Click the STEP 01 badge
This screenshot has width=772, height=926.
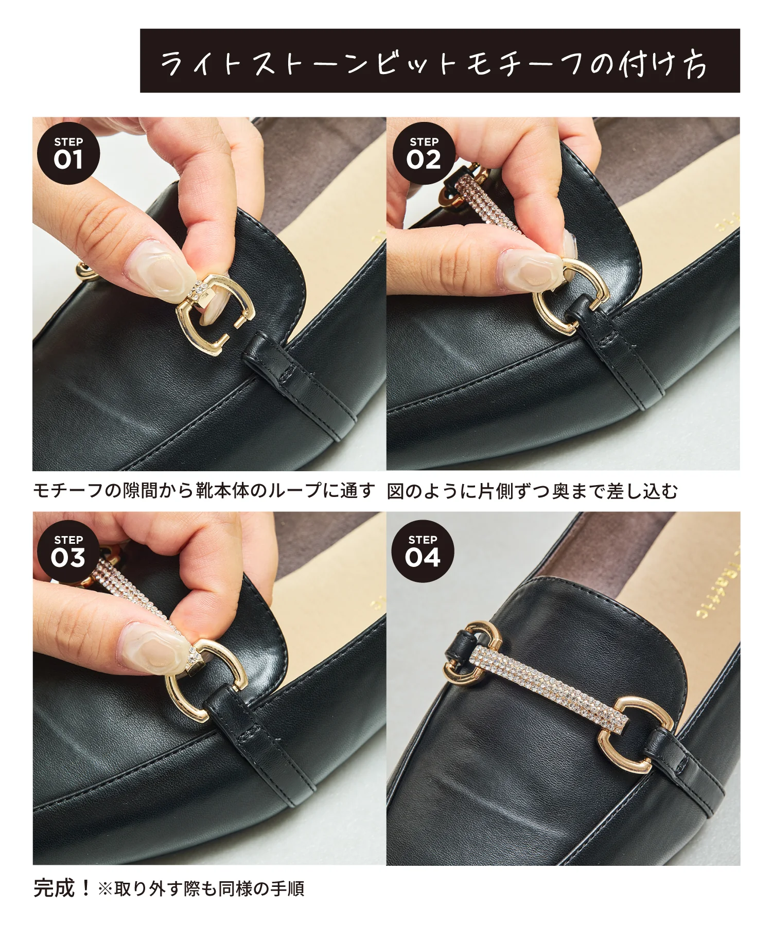[68, 154]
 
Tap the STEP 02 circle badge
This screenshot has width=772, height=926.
[423, 154]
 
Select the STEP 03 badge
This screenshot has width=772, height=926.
[68, 551]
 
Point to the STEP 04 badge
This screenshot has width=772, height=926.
[423, 551]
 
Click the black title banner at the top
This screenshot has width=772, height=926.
[440, 61]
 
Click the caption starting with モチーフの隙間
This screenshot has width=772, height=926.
[204, 491]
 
